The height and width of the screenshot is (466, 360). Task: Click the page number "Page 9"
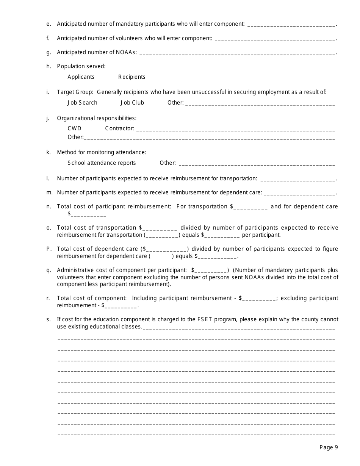click(x=329, y=447)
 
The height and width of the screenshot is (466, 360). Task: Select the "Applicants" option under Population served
click(x=81, y=77)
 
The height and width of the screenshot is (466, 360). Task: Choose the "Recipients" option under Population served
click(x=131, y=77)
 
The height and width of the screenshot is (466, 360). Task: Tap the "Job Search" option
click(x=82, y=103)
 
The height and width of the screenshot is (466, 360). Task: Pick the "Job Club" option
click(x=132, y=103)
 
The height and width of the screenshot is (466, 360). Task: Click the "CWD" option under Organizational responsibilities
click(x=74, y=128)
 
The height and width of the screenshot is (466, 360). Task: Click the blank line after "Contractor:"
click(x=235, y=129)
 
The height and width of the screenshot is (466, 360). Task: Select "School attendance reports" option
click(x=102, y=163)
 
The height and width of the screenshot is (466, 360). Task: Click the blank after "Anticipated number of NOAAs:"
click(x=237, y=53)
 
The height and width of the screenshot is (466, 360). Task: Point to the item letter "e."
click(x=49, y=24)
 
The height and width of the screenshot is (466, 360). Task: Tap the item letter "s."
click(x=49, y=319)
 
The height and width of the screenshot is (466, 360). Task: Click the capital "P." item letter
click(x=49, y=249)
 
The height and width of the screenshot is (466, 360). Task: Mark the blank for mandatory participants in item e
click(x=291, y=25)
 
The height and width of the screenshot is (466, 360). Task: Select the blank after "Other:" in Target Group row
click(x=260, y=103)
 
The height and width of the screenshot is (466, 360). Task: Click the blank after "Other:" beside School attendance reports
click(x=257, y=164)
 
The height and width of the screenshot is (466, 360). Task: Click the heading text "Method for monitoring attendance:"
click(x=102, y=152)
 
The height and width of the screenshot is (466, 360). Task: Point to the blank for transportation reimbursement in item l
click(x=298, y=179)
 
